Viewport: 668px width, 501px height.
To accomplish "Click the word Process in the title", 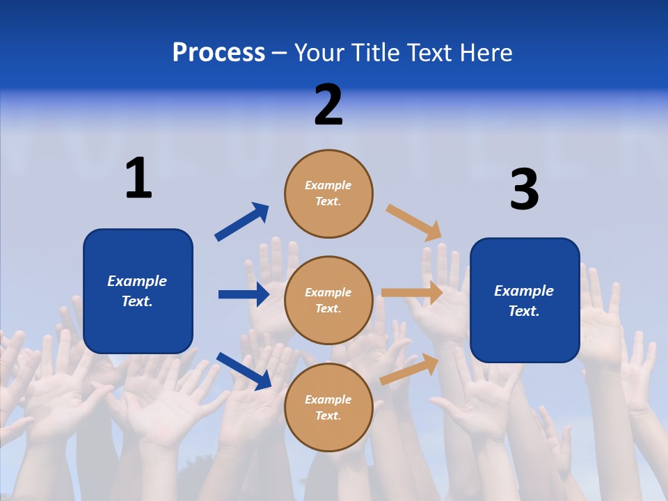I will (218, 53).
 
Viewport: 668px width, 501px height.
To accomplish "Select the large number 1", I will (138, 178).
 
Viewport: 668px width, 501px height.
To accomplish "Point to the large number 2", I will (328, 105).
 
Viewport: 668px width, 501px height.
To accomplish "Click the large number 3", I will (524, 189).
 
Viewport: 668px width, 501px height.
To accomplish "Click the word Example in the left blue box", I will (137, 281).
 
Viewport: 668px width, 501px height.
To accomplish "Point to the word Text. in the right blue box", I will (524, 311).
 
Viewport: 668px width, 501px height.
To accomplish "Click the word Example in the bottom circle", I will (328, 399).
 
